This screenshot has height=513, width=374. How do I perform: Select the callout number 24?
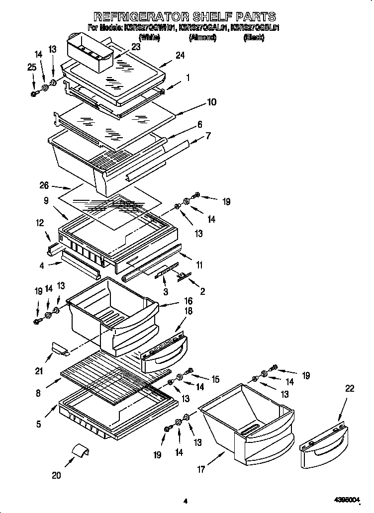[180, 56]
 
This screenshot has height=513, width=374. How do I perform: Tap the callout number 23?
[135, 47]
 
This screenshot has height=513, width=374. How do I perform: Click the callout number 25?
[32, 67]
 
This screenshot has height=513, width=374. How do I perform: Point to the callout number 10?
[211, 102]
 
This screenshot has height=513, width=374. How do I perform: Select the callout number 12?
[40, 224]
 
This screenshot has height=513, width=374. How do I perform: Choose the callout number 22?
[350, 388]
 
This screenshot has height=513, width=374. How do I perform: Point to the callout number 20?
[56, 475]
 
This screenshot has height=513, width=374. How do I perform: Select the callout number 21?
[39, 370]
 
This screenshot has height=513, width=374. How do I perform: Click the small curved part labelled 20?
[81, 450]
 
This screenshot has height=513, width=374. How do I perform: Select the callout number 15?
[215, 379]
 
